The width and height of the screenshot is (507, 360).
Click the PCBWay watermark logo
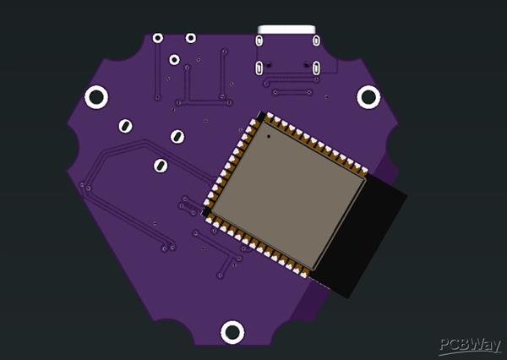click(x=471, y=346)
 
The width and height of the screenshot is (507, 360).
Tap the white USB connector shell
click(x=286, y=30)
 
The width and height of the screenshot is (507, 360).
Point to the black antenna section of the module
click(x=359, y=236)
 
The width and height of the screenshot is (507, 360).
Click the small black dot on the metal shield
click(x=269, y=137)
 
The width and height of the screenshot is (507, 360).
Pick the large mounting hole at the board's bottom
click(x=232, y=332)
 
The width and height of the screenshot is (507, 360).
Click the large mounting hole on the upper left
click(x=96, y=97)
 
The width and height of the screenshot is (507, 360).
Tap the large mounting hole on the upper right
click(x=368, y=97)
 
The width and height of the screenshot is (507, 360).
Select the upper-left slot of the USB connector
click(x=259, y=41)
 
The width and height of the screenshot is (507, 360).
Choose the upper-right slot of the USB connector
click(x=317, y=41)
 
